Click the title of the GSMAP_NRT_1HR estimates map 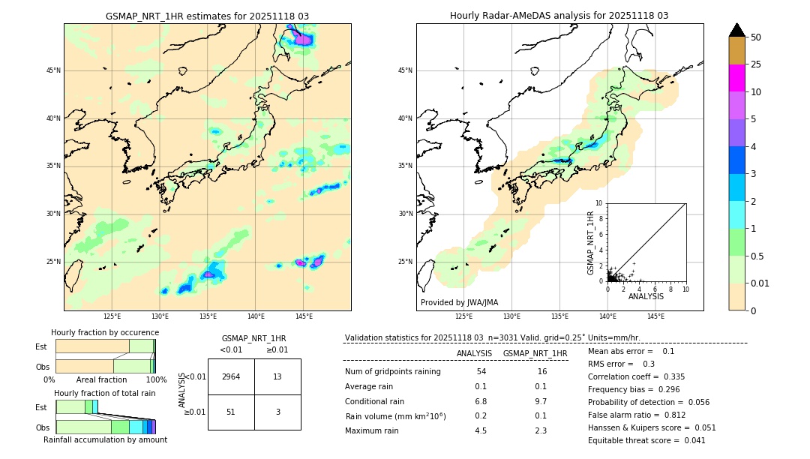coord(207,16)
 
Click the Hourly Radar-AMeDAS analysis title coord(559,16)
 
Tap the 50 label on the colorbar coord(756,37)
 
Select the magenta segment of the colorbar coord(736,78)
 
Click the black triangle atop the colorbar coord(736,30)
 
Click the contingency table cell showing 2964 coord(231,376)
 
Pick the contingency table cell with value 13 coord(277,376)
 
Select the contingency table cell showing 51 coord(231,412)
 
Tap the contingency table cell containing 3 coord(277,412)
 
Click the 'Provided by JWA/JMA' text coord(459,302)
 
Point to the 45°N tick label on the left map coord(53,70)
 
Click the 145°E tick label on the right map coord(655,316)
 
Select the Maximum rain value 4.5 coord(481,430)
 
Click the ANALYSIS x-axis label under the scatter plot coord(646,296)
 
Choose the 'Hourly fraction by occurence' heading coord(105,332)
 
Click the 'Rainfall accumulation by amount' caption coord(105,439)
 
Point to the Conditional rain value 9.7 coord(540,401)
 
